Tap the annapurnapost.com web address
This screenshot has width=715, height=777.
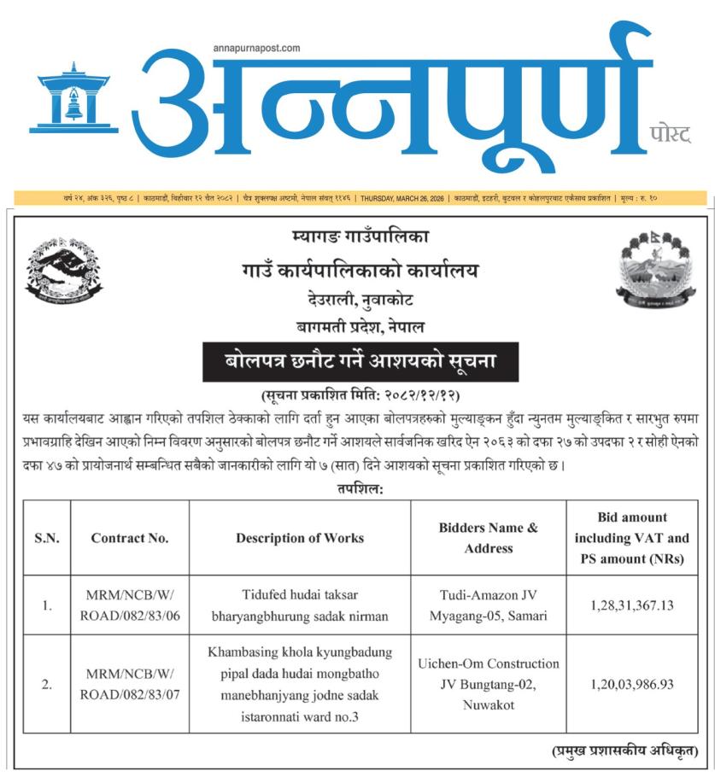(256, 49)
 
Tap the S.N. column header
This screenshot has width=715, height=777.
(46, 538)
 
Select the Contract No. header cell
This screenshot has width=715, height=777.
(130, 538)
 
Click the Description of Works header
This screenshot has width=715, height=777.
(300, 538)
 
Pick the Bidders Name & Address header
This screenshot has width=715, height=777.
(489, 538)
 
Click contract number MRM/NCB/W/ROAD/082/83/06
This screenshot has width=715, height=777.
(130, 605)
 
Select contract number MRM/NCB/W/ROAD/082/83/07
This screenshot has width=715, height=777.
(130, 684)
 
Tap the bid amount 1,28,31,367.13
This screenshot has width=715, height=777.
(632, 605)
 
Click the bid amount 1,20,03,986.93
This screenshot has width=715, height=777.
(632, 684)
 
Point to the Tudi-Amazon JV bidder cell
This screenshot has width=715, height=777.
(489, 605)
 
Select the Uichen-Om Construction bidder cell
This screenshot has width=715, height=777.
(489, 684)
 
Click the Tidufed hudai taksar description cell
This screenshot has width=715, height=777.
(300, 605)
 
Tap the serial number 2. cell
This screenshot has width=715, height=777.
(46, 684)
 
